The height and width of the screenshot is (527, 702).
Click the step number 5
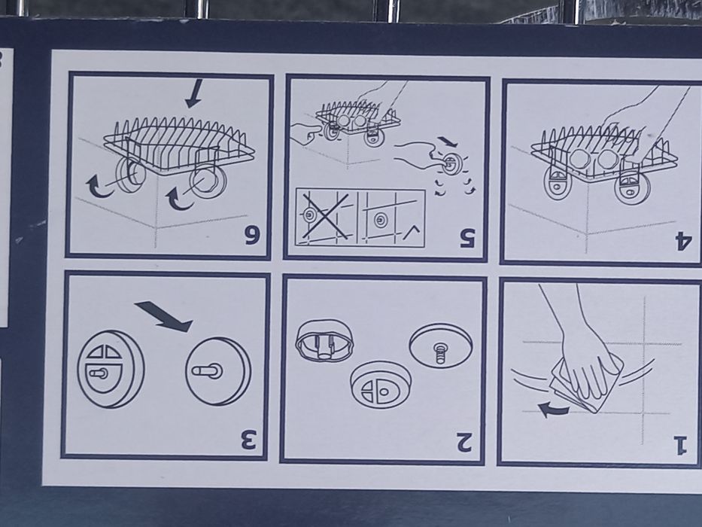[468, 238]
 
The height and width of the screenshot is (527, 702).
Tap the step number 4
[684, 241]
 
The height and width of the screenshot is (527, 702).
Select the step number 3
[248, 440]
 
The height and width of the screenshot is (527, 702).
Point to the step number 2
[464, 442]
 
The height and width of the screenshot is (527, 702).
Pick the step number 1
[679, 444]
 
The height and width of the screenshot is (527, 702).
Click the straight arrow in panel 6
[194, 93]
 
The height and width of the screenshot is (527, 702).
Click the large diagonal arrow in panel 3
[163, 315]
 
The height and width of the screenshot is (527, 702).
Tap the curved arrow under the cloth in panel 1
[553, 409]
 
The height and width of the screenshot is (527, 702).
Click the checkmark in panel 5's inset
[412, 232]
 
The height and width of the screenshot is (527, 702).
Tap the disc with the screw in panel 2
[441, 346]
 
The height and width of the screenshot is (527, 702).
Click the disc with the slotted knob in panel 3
[218, 371]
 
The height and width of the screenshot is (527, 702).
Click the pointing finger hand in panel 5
[307, 133]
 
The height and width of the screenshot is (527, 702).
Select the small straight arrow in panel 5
[447, 142]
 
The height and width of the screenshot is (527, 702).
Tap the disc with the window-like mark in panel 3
[111, 369]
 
